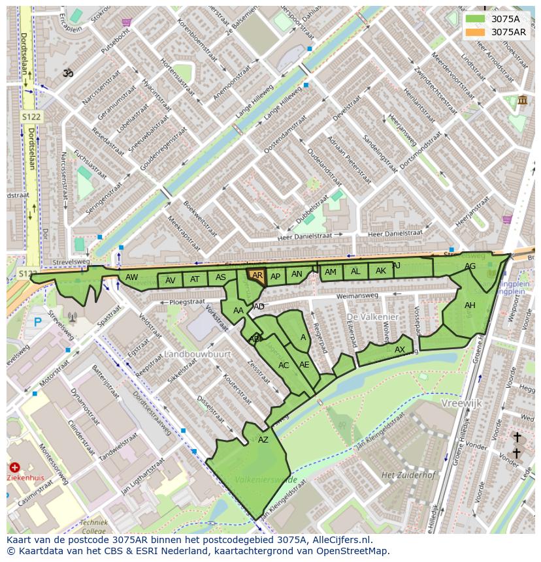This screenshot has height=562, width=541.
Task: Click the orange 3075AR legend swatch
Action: pos(476,32)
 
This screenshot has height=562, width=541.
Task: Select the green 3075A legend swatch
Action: pos(476,19)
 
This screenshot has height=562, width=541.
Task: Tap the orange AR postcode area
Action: pos(257,275)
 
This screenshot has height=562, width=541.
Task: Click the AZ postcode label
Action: pos(263,440)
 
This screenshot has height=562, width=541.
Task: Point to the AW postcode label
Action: pos(132,277)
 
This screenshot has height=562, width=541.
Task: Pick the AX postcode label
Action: pos(400,350)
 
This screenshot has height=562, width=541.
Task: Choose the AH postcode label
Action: pos(470,305)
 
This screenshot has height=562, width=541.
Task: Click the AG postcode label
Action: pos(470,266)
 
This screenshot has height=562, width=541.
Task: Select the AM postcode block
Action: pos(331,272)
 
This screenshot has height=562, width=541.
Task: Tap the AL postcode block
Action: pos(355,272)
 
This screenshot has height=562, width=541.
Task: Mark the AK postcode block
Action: pos(381,271)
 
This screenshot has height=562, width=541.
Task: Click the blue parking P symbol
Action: pos(37,322)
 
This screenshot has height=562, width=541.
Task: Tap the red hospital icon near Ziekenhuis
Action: pos(15,467)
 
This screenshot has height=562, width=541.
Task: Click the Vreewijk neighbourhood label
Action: pos(461,403)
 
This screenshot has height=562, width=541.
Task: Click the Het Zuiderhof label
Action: pos(408,475)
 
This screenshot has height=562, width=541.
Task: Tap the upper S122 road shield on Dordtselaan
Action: pos(31,116)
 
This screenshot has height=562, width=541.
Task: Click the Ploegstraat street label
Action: pos(187,302)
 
